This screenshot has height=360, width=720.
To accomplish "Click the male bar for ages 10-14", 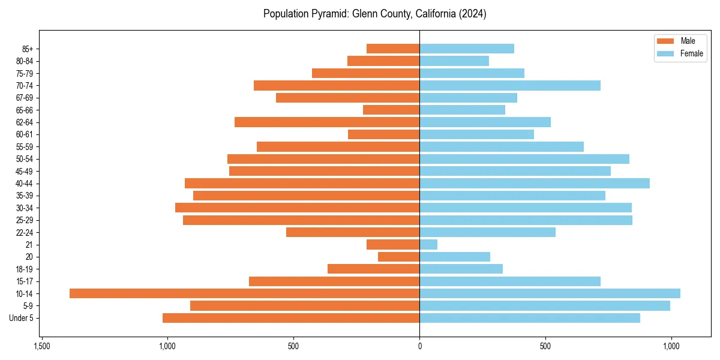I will [x=244, y=293].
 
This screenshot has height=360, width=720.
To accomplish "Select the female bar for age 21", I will [x=428, y=244].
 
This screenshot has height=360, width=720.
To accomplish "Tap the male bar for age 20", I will [x=398, y=257].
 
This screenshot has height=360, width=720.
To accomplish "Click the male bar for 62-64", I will [x=327, y=122].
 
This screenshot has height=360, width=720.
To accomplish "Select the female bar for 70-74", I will [x=510, y=85].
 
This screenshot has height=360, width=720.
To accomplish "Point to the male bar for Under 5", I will [x=291, y=318].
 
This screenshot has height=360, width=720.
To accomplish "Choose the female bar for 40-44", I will [x=535, y=183].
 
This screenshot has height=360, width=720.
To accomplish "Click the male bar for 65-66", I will [x=391, y=110].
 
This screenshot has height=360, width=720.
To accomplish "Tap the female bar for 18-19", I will [x=461, y=269].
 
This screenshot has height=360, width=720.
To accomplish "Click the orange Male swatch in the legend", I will [x=665, y=41].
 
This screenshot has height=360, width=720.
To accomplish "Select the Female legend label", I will [x=691, y=53].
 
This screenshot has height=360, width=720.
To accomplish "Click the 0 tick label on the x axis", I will [x=419, y=347].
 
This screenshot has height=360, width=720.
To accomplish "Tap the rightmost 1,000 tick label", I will [x=671, y=347].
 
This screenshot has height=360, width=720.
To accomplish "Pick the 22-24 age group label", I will [x=24, y=232].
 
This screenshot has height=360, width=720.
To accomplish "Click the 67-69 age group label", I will [x=24, y=98].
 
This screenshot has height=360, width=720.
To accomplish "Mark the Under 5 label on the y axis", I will [x=21, y=318].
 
